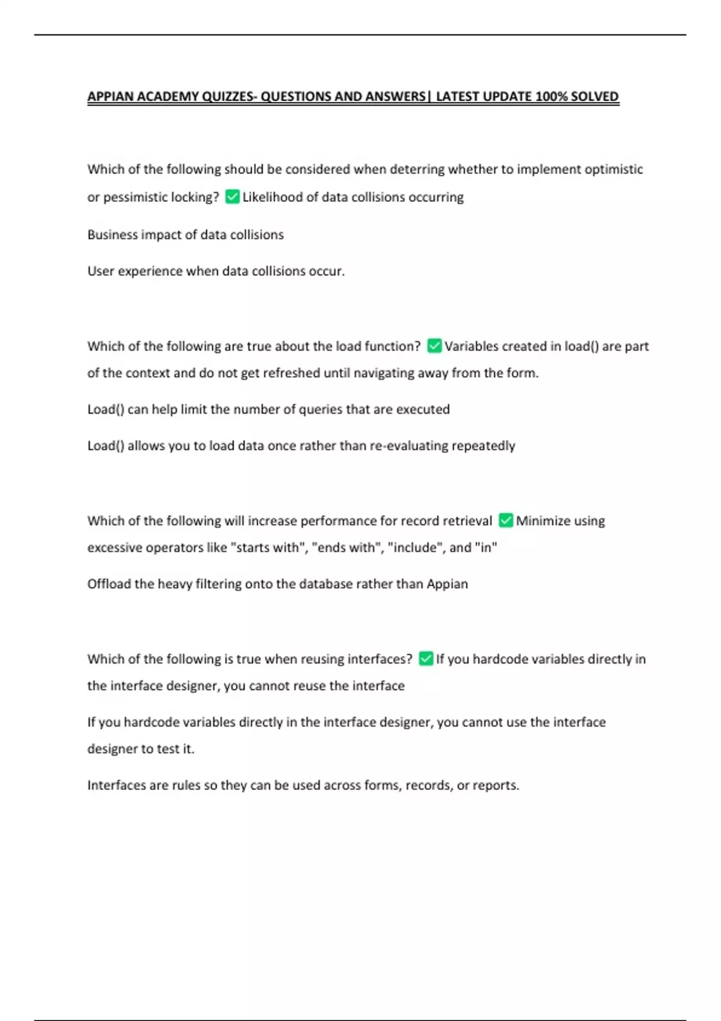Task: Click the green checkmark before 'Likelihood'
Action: click(232, 197)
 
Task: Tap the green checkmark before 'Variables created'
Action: click(434, 346)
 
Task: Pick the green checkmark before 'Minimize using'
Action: click(506, 520)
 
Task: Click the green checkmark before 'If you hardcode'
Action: click(426, 659)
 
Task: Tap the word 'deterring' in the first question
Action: click(417, 169)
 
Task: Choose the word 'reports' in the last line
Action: click(495, 786)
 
